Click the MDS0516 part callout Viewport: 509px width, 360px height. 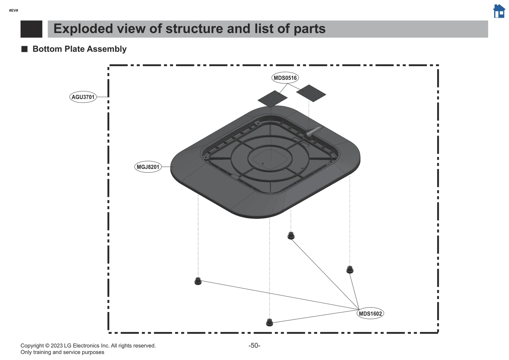[x=285, y=78]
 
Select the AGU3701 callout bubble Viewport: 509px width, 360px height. [x=83, y=97]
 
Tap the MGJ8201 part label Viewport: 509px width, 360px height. [x=148, y=167]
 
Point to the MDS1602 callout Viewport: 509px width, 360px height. [x=370, y=314]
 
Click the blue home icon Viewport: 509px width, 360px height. [x=499, y=11]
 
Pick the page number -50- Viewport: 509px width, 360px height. [x=254, y=346]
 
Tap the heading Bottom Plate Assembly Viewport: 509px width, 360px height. [x=80, y=49]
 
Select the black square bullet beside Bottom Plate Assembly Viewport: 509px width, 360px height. [x=24, y=49]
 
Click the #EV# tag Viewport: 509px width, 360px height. [x=14, y=11]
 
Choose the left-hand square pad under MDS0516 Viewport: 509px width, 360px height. [x=272, y=99]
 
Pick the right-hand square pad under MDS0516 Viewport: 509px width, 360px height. [x=311, y=93]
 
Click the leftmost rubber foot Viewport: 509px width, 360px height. [x=198, y=281]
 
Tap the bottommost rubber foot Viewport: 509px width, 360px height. [x=269, y=322]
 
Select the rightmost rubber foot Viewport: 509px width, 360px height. [x=350, y=270]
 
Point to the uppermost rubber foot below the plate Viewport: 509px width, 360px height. [x=291, y=236]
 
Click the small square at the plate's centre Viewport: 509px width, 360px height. [x=270, y=158]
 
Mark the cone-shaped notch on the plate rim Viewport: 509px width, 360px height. [x=314, y=131]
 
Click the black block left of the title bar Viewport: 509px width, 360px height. [x=31, y=29]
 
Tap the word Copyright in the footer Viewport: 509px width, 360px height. [x=32, y=346]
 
